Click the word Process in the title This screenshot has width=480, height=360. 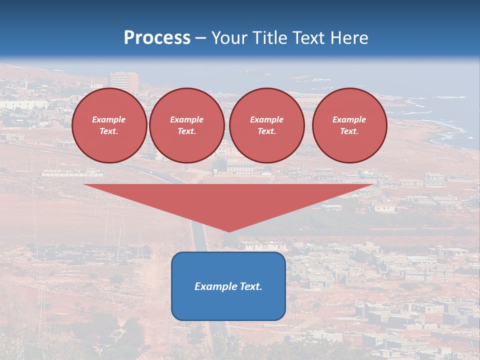pos(157,38)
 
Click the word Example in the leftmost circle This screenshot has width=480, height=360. pos(109,119)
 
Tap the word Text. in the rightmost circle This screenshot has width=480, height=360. pos(349,131)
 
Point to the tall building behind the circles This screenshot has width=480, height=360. pos(124,81)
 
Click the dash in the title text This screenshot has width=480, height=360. pos(201,38)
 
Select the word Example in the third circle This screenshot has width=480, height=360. pos(266,119)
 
